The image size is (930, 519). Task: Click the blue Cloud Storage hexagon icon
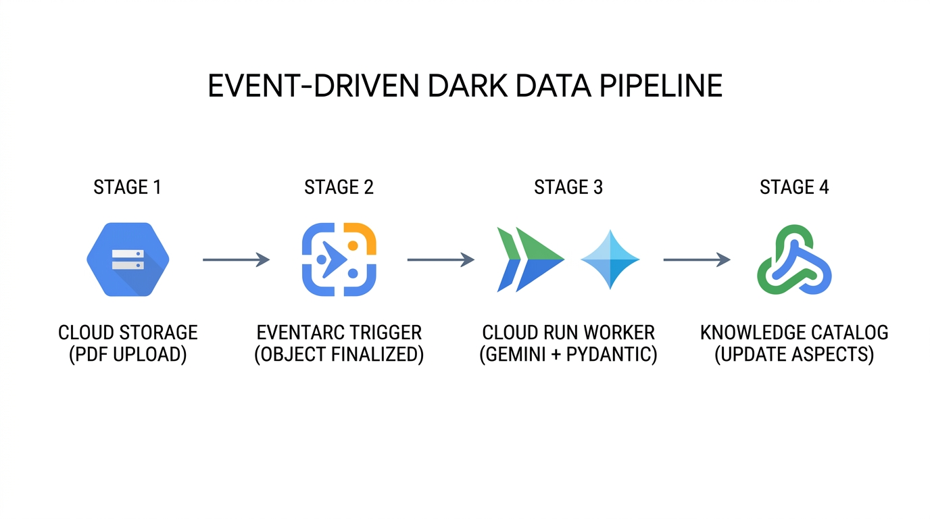click(128, 259)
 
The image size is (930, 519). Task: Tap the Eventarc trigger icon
click(339, 259)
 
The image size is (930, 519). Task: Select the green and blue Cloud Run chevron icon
click(531, 259)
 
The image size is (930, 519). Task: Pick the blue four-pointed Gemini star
click(610, 259)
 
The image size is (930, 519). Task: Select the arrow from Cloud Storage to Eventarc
click(237, 260)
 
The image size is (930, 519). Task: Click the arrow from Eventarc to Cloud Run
click(441, 260)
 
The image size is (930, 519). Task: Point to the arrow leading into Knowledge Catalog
click(697, 260)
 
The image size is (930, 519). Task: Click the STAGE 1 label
click(128, 187)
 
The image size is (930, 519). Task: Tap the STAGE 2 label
click(339, 187)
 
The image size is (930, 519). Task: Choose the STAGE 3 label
click(568, 187)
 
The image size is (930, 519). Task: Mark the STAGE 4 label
click(794, 187)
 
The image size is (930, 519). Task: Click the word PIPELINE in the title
click(661, 86)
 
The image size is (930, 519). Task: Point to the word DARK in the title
click(467, 86)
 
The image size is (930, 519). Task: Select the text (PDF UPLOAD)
click(128, 355)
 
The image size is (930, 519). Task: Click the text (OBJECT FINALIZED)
click(339, 355)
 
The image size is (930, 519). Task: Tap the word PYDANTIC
click(612, 355)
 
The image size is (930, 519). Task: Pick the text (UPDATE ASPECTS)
click(794, 355)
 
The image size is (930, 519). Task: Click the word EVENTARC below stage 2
click(295, 333)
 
